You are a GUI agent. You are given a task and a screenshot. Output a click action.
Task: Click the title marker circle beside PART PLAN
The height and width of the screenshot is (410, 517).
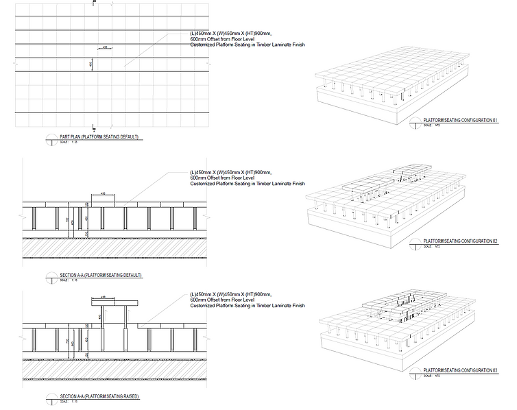point(50,139)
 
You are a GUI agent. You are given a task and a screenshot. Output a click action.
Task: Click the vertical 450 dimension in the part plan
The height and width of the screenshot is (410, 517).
point(91,64)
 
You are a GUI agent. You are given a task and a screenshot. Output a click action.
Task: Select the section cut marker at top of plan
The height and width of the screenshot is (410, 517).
point(93,3)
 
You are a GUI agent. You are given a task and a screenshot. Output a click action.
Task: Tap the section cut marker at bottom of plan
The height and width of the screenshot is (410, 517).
point(93,126)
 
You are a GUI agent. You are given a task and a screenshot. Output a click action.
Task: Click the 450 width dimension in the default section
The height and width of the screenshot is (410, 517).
point(103,194)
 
